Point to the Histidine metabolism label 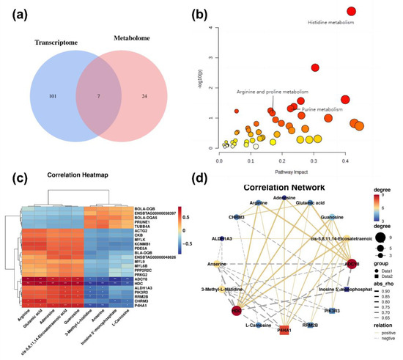point(330,23)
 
